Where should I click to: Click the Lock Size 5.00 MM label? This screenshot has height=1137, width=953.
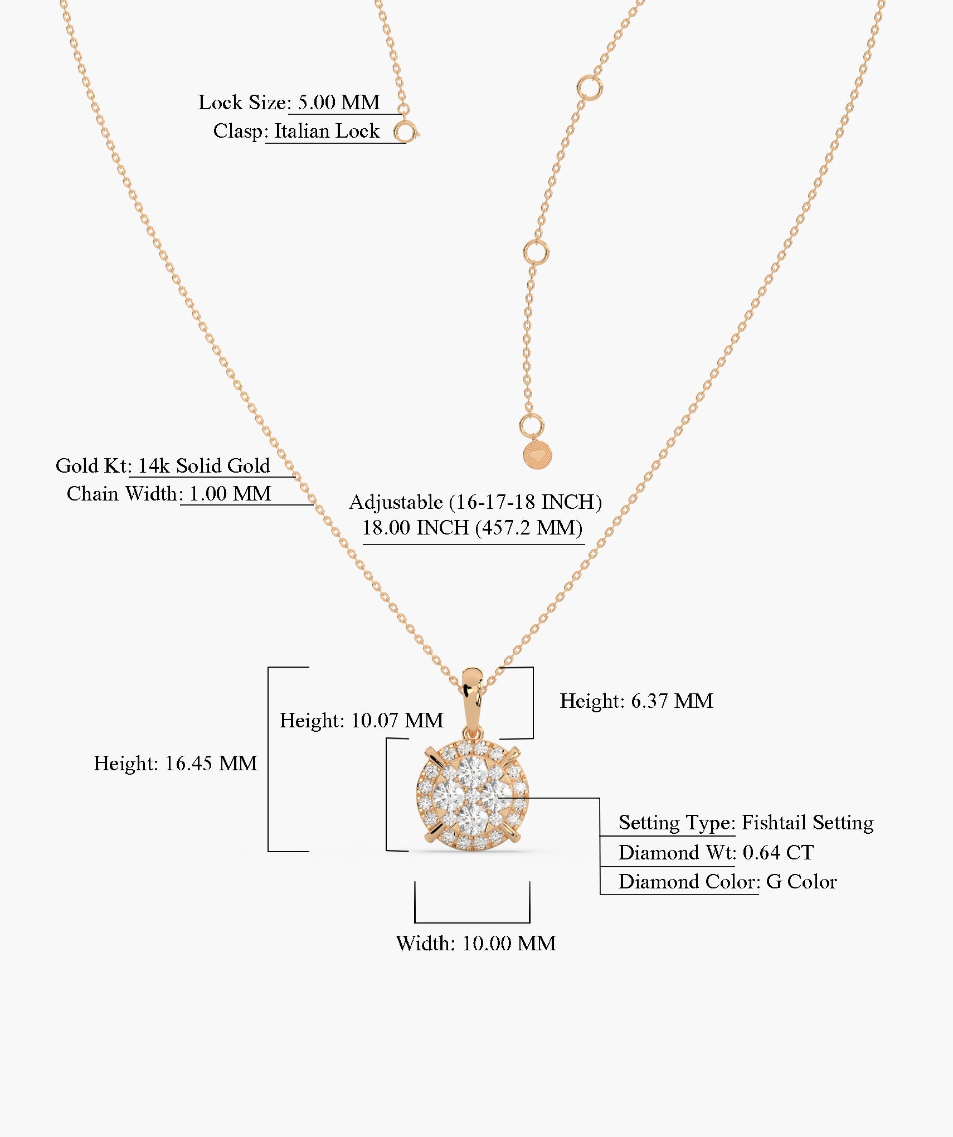coord(289,102)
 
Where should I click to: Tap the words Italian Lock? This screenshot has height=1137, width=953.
coord(327,131)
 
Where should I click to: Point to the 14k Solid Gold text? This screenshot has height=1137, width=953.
coord(203,465)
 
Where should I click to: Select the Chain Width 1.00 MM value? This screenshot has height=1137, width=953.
coord(230,493)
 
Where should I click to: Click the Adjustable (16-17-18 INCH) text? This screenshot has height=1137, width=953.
coord(475,502)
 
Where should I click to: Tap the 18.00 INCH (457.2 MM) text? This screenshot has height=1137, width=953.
coord(473,527)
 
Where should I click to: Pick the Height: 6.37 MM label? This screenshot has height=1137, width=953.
coord(636,701)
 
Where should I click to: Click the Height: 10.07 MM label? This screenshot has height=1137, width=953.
coord(362,720)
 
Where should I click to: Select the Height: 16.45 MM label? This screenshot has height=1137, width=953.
coord(176,763)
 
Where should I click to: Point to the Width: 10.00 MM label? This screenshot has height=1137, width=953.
coord(476,943)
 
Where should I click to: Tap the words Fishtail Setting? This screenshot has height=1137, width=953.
coord(808,823)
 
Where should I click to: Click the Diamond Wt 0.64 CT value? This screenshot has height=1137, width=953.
coord(778,852)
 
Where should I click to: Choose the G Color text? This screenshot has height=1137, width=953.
coord(801,881)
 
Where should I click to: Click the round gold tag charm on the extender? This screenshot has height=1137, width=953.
coord(537,455)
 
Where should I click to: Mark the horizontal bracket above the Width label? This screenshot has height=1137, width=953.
coord(472,922)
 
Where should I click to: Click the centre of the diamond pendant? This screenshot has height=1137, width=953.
coord(472,795)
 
